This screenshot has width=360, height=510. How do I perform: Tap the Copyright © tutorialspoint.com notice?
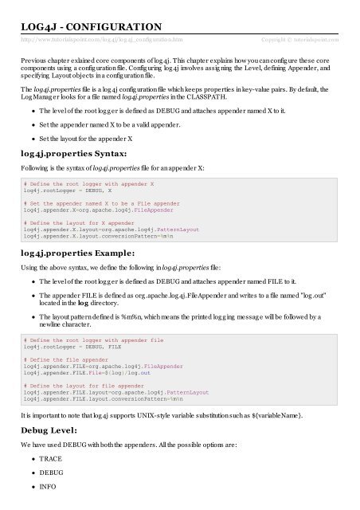tap(300, 39)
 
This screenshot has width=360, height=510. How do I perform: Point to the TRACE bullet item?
tap(51, 460)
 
